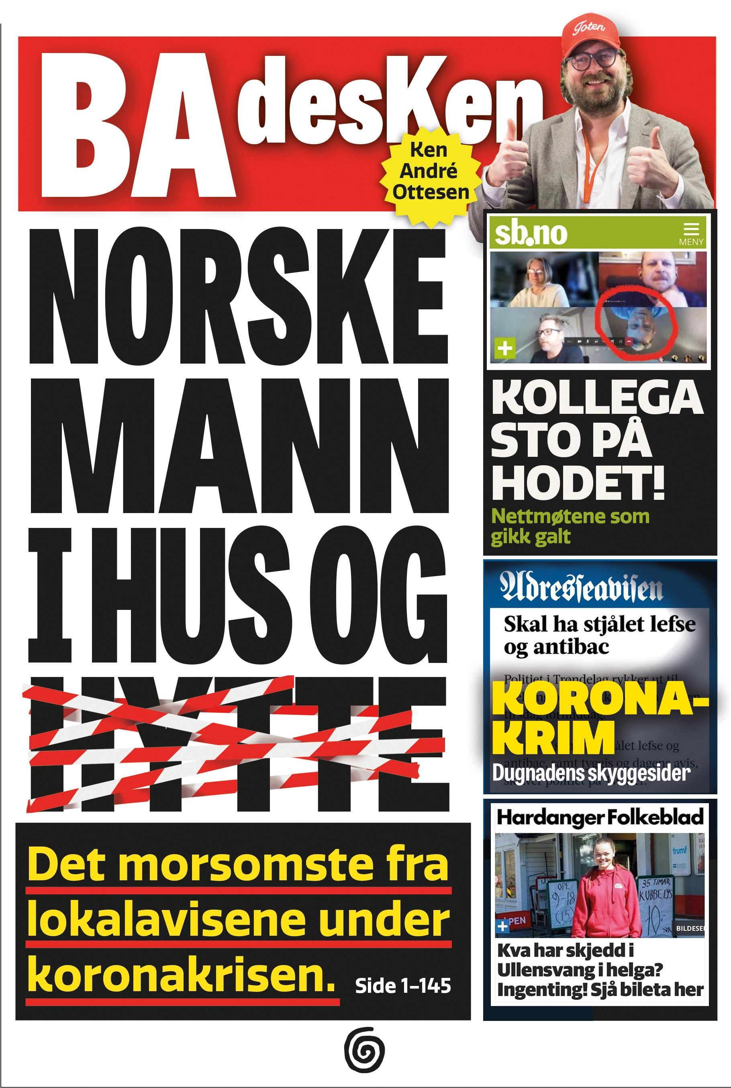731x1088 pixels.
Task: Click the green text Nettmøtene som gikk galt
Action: click(570, 526)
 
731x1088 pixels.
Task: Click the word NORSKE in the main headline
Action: click(238, 298)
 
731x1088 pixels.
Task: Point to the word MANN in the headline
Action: click(238, 447)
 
